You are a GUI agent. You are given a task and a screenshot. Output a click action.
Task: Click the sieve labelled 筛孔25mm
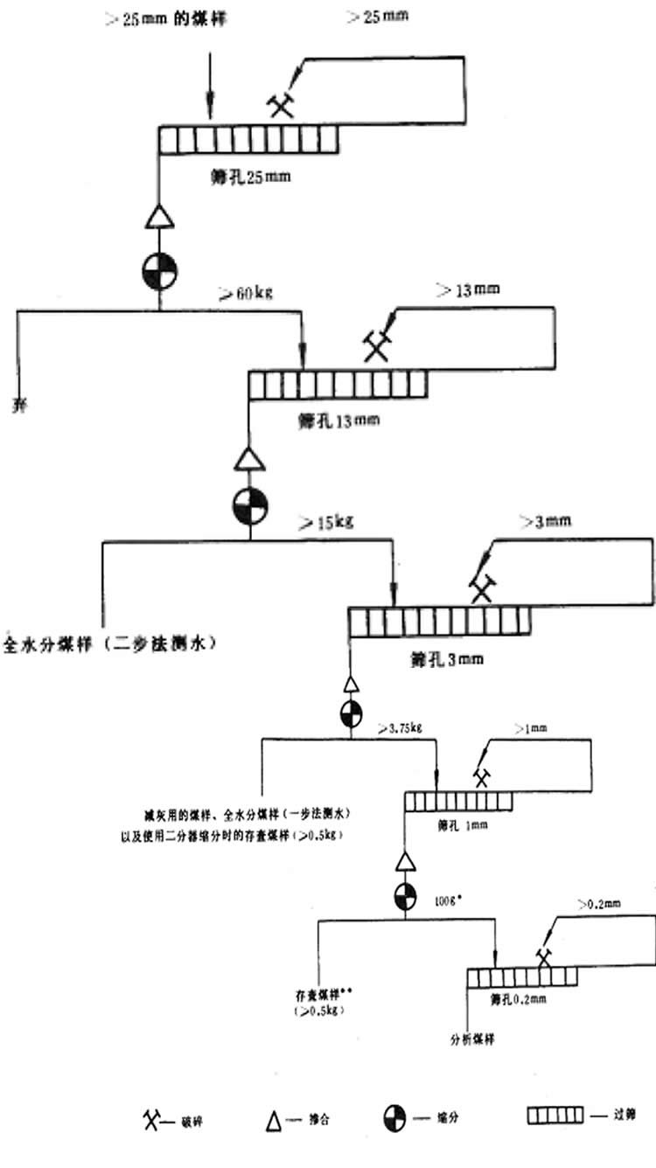(x=248, y=140)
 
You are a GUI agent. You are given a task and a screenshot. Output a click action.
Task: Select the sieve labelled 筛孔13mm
(x=338, y=385)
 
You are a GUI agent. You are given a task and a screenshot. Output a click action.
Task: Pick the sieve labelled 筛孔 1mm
(x=457, y=802)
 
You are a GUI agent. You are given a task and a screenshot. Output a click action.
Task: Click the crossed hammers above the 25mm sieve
(x=280, y=106)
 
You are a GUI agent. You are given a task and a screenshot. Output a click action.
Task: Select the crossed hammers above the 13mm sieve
(x=377, y=346)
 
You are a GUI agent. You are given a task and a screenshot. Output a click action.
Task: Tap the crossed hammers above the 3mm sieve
(x=480, y=587)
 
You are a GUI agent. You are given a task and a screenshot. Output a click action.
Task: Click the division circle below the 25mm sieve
(x=158, y=272)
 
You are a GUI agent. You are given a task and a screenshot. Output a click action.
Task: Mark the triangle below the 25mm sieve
(x=158, y=215)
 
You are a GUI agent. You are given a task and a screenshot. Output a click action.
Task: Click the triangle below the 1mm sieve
(x=403, y=862)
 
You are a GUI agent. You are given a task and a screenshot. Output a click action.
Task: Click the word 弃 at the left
(x=17, y=405)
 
